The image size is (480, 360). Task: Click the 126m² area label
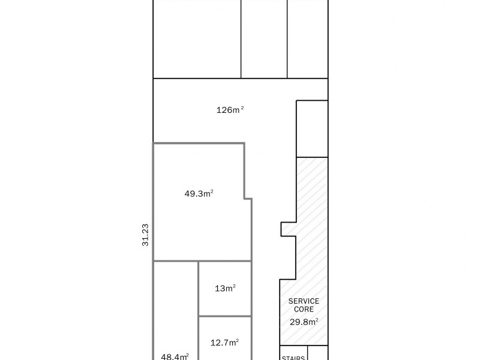230,110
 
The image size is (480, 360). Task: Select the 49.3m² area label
199,194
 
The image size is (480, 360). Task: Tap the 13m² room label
225,289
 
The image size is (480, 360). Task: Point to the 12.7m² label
225,343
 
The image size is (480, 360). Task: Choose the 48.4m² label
175,356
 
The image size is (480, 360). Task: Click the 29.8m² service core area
304,322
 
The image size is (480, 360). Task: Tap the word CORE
304,309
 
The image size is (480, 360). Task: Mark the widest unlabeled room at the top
197,39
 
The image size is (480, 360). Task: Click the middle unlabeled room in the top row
264,39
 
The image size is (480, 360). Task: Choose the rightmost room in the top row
308,39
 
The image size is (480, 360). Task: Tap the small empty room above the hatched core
312,129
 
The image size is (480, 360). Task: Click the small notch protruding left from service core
288,229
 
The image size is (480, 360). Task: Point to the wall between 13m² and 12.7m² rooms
224,316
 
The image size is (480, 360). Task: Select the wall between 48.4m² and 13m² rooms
199,288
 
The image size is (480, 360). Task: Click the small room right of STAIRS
317,353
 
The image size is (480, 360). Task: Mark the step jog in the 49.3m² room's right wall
248,198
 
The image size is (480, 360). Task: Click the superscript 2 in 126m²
242,107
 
